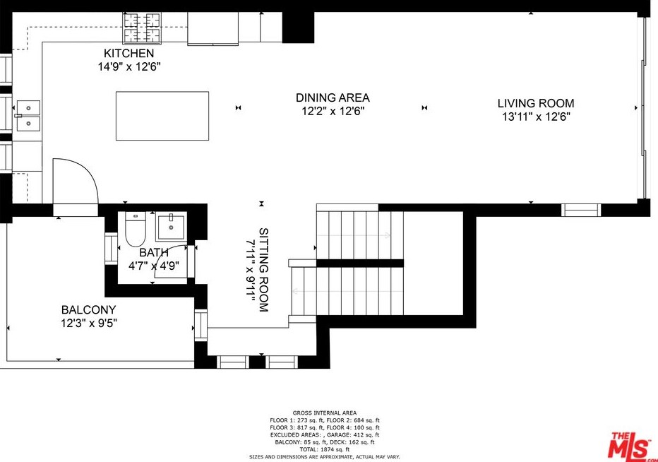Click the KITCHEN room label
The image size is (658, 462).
(128, 54)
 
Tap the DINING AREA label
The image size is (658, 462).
(333, 98)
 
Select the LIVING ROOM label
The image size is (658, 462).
(536, 103)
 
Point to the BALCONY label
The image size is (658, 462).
(88, 310)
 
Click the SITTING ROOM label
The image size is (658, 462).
(263, 270)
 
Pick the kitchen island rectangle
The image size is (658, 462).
(162, 116)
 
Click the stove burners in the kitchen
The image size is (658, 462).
(142, 28)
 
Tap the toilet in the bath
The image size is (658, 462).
(136, 230)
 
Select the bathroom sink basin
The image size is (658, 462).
(172, 227)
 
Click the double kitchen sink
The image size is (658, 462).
(28, 116)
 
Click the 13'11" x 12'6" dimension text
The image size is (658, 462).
(536, 117)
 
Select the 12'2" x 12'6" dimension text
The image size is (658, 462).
(333, 112)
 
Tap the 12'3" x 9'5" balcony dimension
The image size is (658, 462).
(88, 324)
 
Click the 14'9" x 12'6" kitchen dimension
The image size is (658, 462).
(128, 67)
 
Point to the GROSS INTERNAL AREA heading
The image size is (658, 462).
(325, 413)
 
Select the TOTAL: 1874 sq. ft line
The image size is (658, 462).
(325, 449)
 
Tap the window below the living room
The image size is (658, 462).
(581, 210)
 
